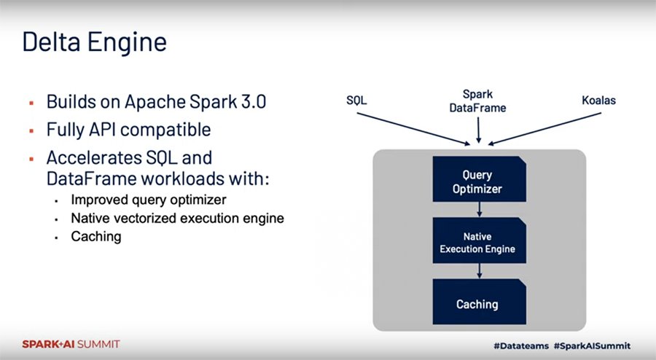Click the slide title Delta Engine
tap(94, 42)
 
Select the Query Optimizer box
tap(477, 182)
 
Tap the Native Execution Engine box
tap(477, 243)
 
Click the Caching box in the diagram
tap(477, 303)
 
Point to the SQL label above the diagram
tap(356, 101)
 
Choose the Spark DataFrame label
tap(477, 101)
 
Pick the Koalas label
tap(598, 101)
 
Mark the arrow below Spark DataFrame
tap(477, 129)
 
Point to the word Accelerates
tap(99, 158)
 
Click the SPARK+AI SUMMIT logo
tap(71, 344)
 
